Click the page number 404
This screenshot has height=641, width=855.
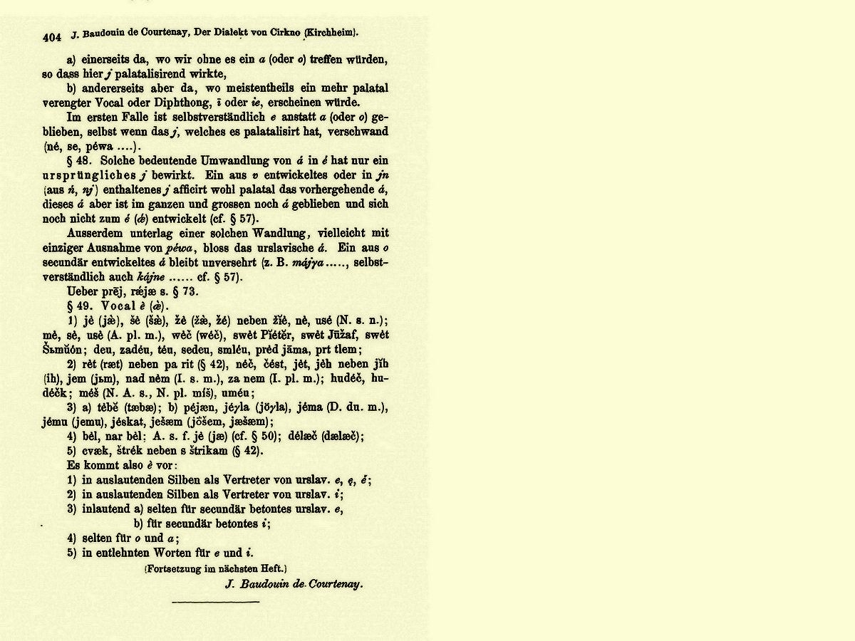[x=53, y=36]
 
